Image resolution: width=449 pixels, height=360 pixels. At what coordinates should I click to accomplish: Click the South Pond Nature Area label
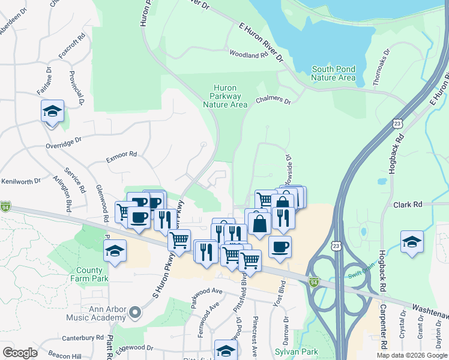pos(333,73)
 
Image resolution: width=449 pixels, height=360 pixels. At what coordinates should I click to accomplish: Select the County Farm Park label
pos(92,274)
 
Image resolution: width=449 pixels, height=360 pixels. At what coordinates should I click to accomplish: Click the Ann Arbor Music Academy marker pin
pos(135,312)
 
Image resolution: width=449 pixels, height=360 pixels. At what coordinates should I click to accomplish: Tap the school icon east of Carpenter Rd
pos(412,242)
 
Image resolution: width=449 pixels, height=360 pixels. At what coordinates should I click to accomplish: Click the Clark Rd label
pos(408,205)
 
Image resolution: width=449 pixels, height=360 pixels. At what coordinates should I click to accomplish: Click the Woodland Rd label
pos(248,55)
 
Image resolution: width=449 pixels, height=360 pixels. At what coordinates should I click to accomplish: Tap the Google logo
pos(20,352)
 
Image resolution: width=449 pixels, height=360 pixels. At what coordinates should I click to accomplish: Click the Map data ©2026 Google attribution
pos(411,355)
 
